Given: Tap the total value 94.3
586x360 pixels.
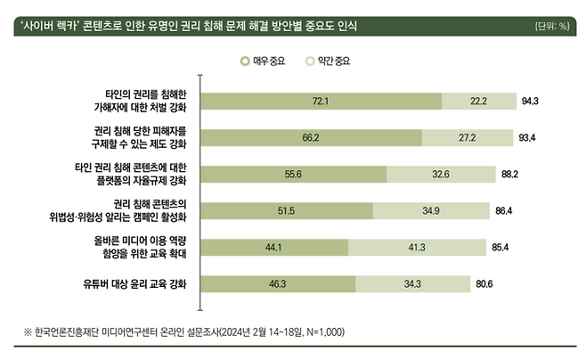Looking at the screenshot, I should (x=531, y=101).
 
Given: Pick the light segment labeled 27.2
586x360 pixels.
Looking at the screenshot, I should (x=467, y=137).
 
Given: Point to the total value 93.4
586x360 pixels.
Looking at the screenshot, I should (x=527, y=137).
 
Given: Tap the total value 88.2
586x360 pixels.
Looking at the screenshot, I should (x=510, y=175).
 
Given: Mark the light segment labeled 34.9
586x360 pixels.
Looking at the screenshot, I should (x=431, y=210).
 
